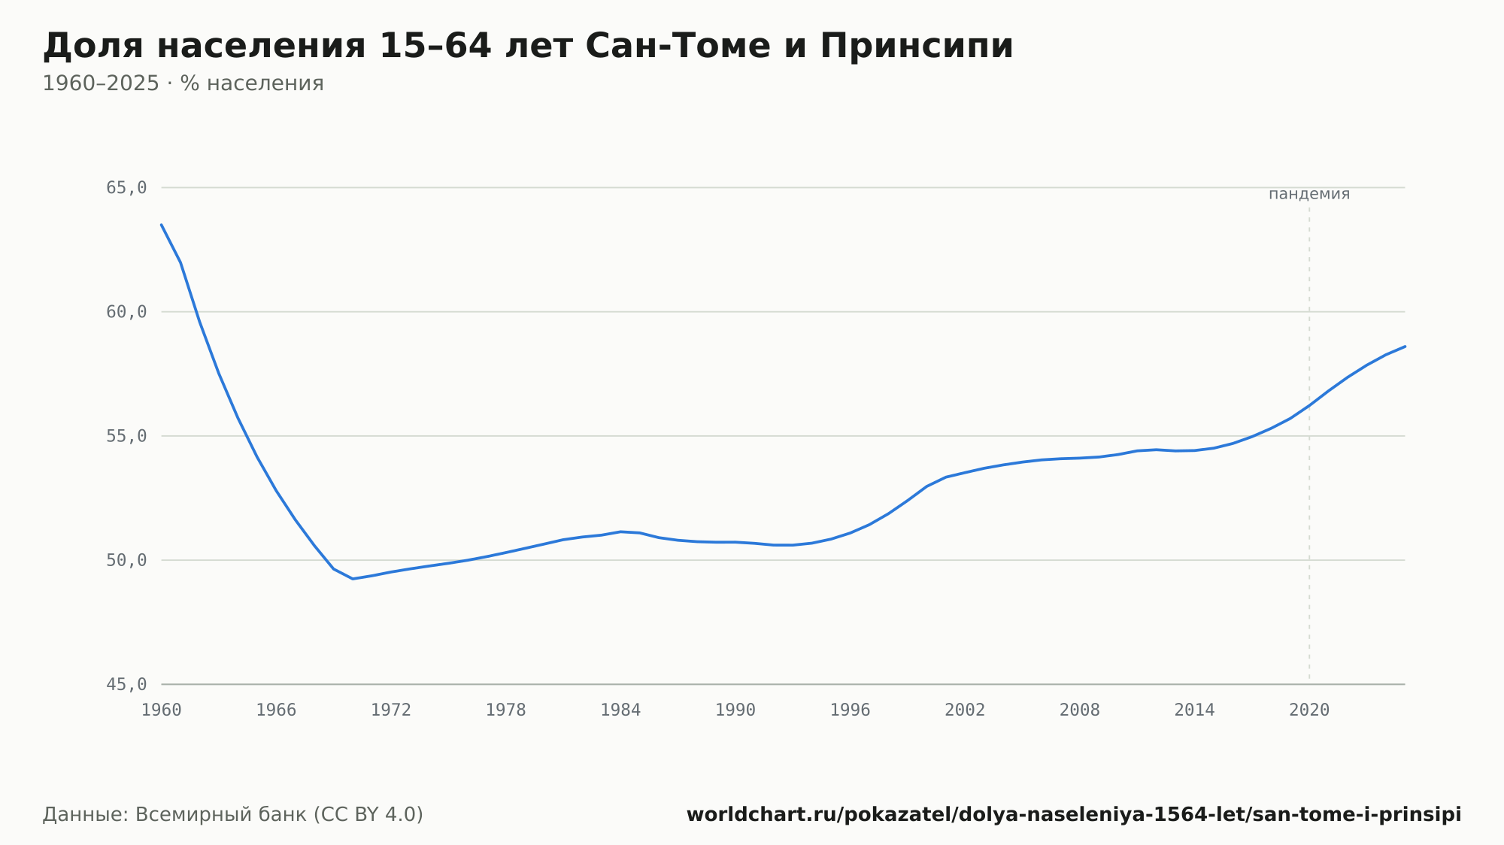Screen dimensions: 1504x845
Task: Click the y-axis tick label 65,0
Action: point(126,188)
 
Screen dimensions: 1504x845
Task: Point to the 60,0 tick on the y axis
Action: point(126,312)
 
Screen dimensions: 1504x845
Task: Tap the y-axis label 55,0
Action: point(126,436)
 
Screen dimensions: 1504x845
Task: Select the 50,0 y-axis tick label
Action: point(126,560)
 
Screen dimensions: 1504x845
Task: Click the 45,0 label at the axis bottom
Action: point(126,684)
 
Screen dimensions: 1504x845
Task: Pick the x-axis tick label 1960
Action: point(162,710)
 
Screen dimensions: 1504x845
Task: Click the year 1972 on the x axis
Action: point(391,710)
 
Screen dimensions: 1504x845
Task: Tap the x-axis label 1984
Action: point(620,710)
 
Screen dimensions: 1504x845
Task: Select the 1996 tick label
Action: point(850,710)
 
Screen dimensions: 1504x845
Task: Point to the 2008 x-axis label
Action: point(1080,710)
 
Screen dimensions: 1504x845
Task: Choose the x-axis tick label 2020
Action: point(1309,710)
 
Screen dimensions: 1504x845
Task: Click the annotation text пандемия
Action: point(1309,194)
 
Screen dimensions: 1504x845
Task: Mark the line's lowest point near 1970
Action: point(353,578)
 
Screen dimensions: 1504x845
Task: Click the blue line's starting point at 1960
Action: point(162,224)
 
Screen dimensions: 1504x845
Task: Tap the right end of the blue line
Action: point(1405,347)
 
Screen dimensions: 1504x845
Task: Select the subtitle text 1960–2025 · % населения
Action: point(183,83)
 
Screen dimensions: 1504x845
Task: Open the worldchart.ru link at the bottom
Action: point(1074,814)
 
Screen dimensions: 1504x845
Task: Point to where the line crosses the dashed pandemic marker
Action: point(1309,406)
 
